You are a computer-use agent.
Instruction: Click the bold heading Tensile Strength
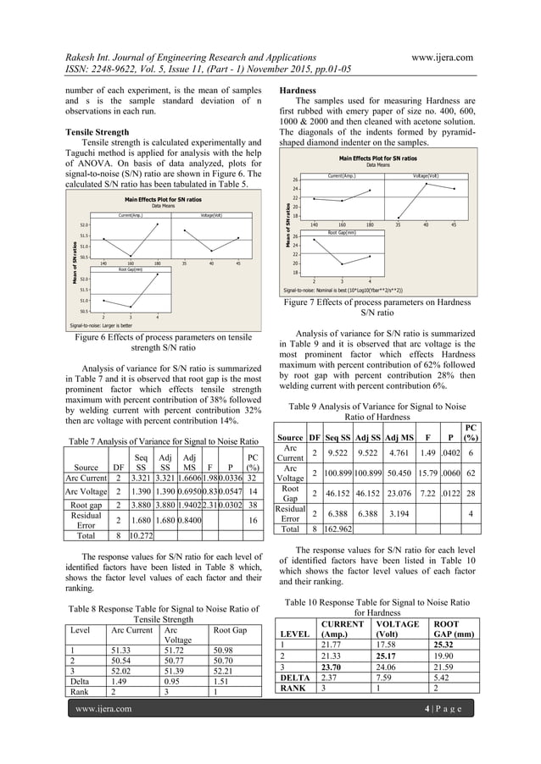click(x=98, y=132)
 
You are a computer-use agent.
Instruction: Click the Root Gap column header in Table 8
click(x=230, y=630)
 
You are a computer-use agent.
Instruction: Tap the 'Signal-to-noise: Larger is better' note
click(x=103, y=324)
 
